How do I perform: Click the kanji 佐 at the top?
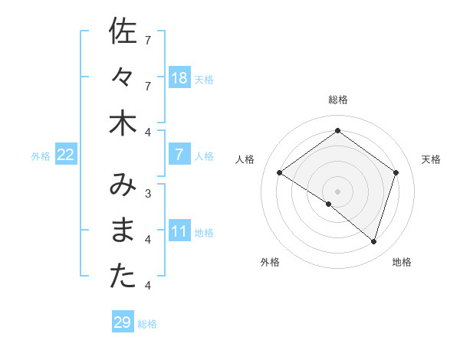(123, 32)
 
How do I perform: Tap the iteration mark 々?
(123, 77)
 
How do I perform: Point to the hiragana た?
(123, 277)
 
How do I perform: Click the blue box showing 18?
(179, 78)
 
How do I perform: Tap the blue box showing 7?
(179, 155)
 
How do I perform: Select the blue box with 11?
(179, 232)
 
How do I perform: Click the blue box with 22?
(65, 155)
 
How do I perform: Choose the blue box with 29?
(122, 322)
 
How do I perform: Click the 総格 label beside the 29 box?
(147, 323)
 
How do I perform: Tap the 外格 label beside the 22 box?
(41, 156)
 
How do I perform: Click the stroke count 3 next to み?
(148, 193)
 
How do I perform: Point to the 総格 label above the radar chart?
(337, 100)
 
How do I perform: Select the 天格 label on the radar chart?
(431, 159)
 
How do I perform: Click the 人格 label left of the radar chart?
(245, 159)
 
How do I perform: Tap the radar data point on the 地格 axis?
(373, 241)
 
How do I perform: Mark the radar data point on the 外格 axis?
(329, 204)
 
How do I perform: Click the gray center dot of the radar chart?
(337, 191)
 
